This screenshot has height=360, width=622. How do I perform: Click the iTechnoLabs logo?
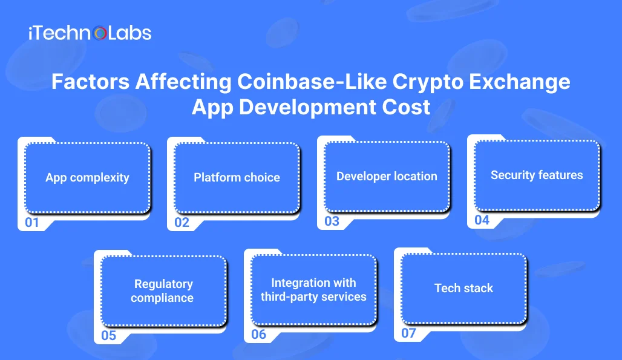tap(90, 33)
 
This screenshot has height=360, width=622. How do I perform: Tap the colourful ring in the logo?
tap(100, 33)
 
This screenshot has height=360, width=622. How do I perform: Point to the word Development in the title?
tap(307, 108)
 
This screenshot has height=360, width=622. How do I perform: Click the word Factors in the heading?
tap(90, 82)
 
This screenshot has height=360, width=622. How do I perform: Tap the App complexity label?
tap(87, 178)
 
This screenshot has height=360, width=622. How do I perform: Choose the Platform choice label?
tap(237, 177)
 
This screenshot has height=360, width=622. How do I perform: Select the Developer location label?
tap(387, 176)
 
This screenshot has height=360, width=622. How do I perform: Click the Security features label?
tap(537, 175)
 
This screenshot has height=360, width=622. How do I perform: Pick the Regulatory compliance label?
tap(162, 290)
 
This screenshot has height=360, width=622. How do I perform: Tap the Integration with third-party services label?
tap(313, 289)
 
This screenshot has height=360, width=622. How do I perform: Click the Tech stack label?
tap(463, 288)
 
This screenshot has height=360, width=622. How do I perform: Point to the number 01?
tap(31, 223)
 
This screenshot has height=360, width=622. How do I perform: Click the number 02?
tap(182, 223)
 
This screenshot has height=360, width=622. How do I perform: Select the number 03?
tap(332, 221)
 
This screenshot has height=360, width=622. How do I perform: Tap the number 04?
tap(482, 220)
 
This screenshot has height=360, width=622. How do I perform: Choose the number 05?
tap(108, 335)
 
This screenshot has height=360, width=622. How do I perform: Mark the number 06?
tap(258, 334)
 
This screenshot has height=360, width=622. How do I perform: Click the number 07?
tap(408, 333)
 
